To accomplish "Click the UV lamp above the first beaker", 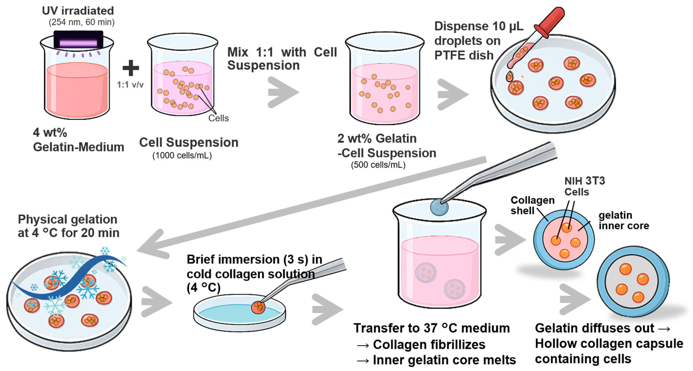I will pyautogui.click(x=78, y=40).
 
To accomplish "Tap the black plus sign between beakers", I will pyautogui.click(x=131, y=68).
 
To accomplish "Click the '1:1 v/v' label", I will pyautogui.click(x=130, y=85).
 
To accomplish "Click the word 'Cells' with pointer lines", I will pyautogui.click(x=219, y=118).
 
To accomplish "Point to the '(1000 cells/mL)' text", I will pyautogui.click(x=182, y=156).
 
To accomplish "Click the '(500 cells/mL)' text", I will pyautogui.click(x=378, y=165).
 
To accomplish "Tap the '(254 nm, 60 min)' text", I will pyautogui.click(x=81, y=22).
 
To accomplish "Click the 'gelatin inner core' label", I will pyautogui.click(x=624, y=220).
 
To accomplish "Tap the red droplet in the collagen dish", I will pyautogui.click(x=258, y=307).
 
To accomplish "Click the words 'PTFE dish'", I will pyautogui.click(x=464, y=55).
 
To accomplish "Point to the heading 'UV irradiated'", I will pyautogui.click(x=78, y=11).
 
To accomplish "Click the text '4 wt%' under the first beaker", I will pyautogui.click(x=50, y=132).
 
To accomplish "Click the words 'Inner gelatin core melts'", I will pyautogui.click(x=444, y=360).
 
